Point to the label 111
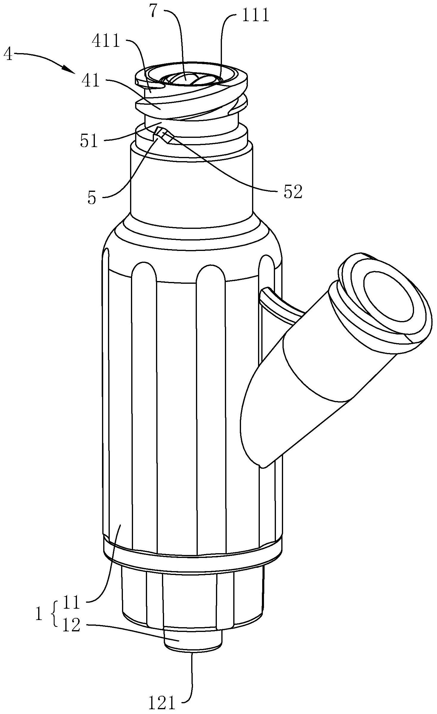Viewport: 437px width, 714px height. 256,16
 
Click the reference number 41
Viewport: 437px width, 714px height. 91,80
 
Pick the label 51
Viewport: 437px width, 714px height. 89,141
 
